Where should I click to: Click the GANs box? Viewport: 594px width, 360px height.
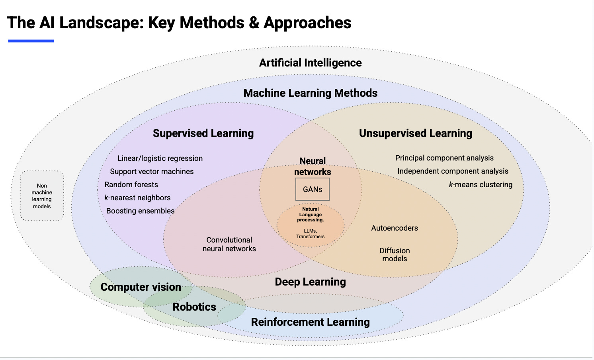313,189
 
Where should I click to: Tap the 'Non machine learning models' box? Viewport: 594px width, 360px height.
42,196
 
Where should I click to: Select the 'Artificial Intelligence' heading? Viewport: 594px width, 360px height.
310,63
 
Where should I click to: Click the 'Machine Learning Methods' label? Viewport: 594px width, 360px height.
310,93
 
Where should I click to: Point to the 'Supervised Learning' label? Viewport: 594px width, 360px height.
203,133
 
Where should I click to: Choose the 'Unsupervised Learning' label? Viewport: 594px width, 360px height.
415,133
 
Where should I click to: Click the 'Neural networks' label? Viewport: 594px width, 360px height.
313,166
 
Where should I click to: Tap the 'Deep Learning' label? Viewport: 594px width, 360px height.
310,282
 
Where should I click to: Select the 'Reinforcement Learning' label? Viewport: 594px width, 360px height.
310,322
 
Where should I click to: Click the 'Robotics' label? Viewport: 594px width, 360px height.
194,307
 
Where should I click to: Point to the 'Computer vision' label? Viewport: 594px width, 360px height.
141,287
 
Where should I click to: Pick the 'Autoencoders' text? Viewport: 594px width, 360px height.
395,228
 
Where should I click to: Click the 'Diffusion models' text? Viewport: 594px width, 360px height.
395,254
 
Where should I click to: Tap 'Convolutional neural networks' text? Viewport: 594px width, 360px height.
229,244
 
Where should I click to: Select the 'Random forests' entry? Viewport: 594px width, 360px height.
131,185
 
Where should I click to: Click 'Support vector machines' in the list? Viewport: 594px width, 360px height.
152,172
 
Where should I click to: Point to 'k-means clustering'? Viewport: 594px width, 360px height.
481,185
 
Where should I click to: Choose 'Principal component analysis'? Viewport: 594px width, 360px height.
444,158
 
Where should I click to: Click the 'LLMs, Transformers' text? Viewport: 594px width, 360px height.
310,234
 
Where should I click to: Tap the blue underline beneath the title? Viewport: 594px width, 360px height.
31,41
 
